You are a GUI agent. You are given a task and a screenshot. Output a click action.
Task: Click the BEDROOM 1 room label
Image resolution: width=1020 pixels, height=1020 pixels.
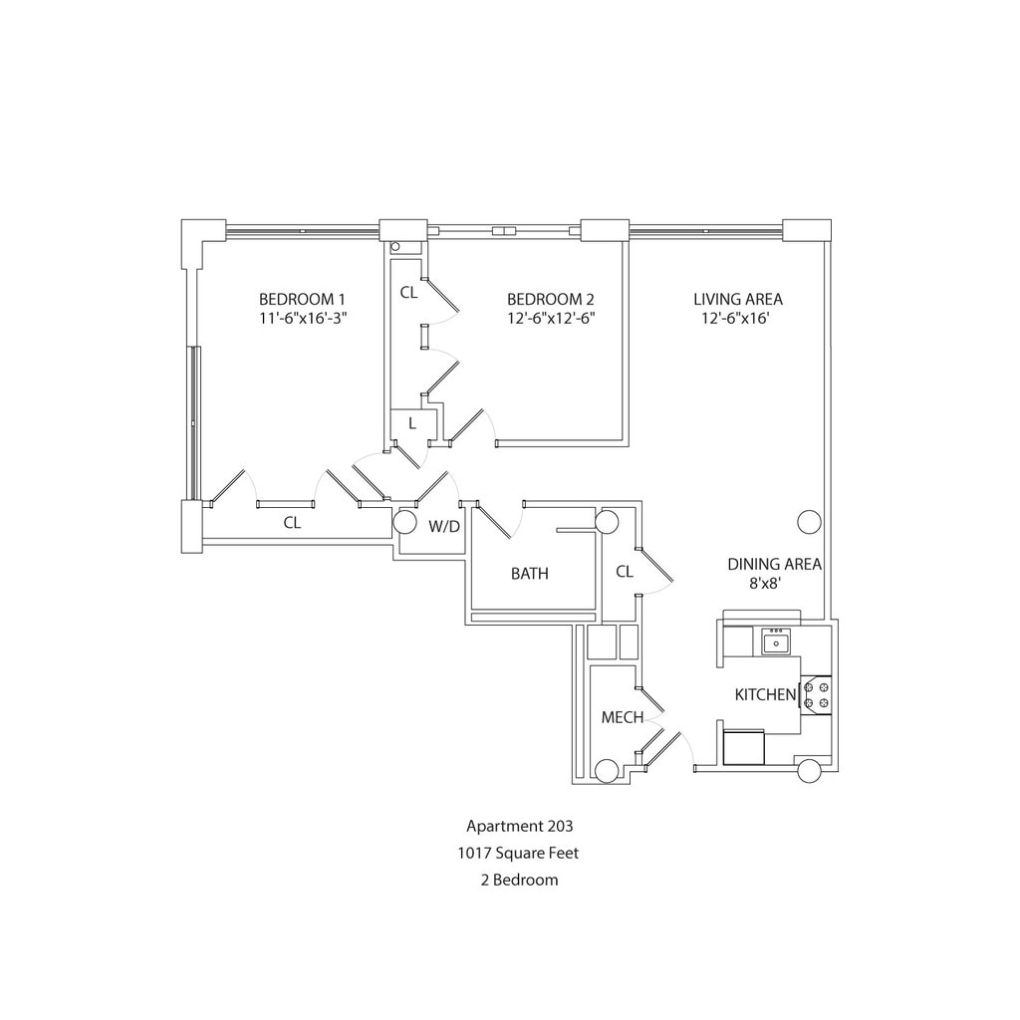302,299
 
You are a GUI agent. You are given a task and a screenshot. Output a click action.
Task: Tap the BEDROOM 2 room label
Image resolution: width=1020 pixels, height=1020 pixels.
550,299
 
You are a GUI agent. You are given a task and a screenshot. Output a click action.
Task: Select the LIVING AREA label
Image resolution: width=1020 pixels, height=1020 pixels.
738,299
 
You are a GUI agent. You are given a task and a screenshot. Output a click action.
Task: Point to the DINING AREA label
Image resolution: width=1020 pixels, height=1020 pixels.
774,564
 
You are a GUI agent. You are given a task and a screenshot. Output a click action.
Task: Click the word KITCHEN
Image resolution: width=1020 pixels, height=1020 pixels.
765,694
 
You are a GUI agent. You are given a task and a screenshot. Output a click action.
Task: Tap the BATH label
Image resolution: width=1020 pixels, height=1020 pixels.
529,574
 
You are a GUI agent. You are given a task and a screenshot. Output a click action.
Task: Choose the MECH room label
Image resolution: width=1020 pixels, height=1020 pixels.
623,717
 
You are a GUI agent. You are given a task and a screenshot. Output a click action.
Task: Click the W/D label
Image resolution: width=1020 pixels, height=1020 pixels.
444,526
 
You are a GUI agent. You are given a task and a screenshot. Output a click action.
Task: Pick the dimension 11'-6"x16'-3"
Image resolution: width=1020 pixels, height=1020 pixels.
302,319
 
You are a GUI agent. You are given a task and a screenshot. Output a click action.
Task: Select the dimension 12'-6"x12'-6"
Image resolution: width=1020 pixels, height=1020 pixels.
550,319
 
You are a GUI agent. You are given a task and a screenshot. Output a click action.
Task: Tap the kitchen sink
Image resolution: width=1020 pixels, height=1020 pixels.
775,643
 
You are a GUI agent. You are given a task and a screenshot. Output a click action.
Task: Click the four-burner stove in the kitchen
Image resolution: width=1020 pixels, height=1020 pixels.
817,693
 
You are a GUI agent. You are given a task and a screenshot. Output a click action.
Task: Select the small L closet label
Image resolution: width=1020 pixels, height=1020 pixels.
410,423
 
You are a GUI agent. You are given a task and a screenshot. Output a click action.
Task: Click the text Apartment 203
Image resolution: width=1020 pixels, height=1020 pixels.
519,826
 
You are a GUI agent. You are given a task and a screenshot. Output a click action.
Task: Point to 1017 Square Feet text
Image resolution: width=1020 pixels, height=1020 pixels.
519,853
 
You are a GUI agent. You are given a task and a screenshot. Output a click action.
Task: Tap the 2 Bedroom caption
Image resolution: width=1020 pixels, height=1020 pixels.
519,880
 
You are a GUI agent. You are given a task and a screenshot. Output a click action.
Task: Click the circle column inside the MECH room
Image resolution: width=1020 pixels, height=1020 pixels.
605,769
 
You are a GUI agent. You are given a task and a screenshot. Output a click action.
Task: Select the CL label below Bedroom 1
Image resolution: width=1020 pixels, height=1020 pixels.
292,522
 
